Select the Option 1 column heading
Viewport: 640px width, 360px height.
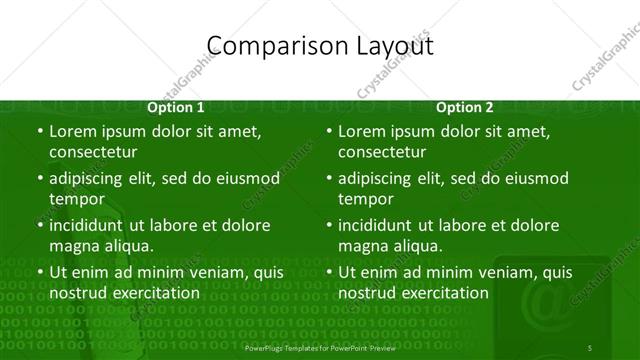(176, 107)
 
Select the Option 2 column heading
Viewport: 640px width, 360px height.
(465, 107)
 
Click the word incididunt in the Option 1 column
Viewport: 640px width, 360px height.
(91, 225)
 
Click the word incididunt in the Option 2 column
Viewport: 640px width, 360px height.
(380, 225)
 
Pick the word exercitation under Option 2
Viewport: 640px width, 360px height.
(440, 293)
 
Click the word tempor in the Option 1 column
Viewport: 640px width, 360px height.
(76, 199)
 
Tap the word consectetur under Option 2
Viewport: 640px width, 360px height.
(382, 152)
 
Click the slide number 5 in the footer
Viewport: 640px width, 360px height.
(590, 346)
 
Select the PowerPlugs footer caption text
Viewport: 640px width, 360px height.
(319, 346)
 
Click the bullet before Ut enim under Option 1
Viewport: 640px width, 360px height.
(39, 272)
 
